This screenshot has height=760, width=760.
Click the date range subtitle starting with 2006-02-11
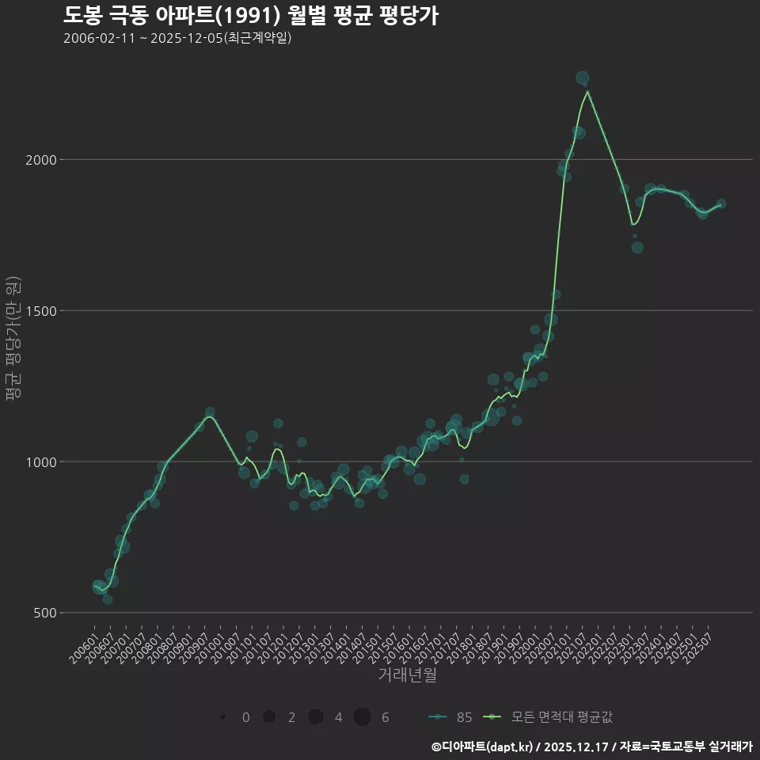(x=177, y=38)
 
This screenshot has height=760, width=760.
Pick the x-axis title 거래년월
(x=407, y=675)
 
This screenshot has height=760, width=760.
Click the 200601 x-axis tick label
(x=84, y=643)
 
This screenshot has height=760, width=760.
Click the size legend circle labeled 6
(x=362, y=717)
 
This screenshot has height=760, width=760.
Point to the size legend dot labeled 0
(x=223, y=717)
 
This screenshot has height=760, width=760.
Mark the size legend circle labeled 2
(x=269, y=717)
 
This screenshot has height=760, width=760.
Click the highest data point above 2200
(x=582, y=78)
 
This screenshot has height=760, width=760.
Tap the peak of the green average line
(x=587, y=91)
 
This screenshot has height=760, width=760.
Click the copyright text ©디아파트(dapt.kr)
(x=481, y=747)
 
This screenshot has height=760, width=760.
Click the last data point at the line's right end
(x=720, y=203)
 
